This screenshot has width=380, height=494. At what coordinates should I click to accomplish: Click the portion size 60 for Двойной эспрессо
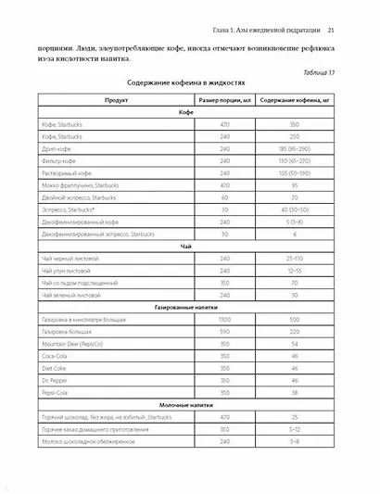[x=223, y=196]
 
